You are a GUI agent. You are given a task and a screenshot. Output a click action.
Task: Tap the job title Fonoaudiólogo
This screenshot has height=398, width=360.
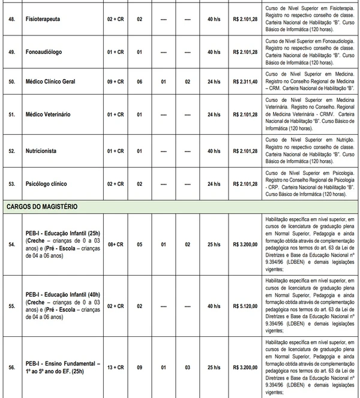coord(43,52)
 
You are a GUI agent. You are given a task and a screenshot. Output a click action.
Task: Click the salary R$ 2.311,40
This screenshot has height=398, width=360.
coord(244,81)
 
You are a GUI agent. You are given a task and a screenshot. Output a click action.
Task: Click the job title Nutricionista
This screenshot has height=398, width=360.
coord(41,151)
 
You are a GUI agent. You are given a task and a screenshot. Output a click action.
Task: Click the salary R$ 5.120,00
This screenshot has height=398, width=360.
coord(244,306)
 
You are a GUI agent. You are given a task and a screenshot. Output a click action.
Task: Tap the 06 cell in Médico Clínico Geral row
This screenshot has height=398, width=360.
coord(139,81)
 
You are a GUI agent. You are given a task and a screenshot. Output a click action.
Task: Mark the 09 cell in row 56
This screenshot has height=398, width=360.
coord(139,367)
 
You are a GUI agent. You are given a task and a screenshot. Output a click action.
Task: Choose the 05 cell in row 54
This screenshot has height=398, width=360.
coord(139,245)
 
